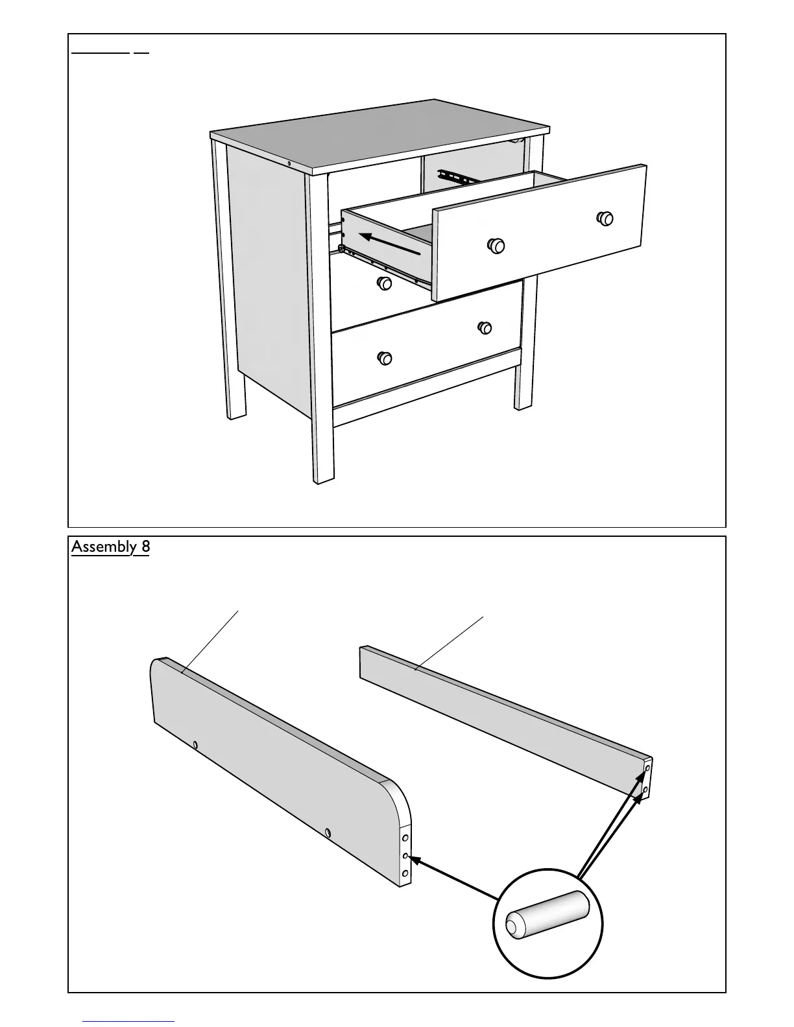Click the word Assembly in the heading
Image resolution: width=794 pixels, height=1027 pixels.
pyautogui.click(x=103, y=547)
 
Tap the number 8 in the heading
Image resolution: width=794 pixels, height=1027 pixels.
pyautogui.click(x=145, y=547)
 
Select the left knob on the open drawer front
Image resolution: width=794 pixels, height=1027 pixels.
pyautogui.click(x=496, y=245)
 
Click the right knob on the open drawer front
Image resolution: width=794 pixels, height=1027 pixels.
pyautogui.click(x=605, y=218)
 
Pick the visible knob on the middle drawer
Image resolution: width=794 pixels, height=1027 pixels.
pyautogui.click(x=385, y=283)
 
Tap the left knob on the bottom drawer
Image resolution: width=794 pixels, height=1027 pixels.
pyautogui.click(x=385, y=358)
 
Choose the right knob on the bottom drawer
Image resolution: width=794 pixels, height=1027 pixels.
pyautogui.click(x=485, y=327)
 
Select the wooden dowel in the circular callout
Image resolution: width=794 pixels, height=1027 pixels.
pyautogui.click(x=547, y=915)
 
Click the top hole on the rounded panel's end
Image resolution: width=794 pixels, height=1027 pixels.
pyautogui.click(x=405, y=838)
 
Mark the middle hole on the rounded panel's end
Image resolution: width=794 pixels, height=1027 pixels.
pyautogui.click(x=405, y=856)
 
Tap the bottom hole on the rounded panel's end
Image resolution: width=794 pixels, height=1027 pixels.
pyautogui.click(x=405, y=874)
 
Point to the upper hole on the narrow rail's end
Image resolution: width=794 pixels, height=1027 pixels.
pyautogui.click(x=647, y=768)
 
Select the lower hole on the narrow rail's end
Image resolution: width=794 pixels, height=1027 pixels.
pyautogui.click(x=645, y=789)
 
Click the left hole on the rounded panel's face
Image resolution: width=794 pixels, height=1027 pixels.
pyautogui.click(x=195, y=745)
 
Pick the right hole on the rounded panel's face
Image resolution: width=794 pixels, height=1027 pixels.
pyautogui.click(x=328, y=832)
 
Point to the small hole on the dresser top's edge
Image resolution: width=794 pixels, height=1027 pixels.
pyautogui.click(x=289, y=163)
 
